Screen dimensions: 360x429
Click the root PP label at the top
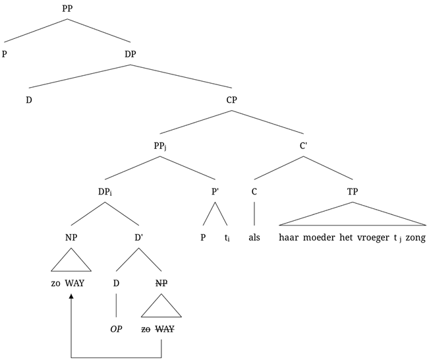67,10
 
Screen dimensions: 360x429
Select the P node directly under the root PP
5,55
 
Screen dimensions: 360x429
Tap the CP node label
231,100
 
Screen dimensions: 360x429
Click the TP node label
351,191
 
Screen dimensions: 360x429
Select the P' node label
214,191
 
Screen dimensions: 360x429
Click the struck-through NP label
161,283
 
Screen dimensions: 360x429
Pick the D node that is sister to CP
28,100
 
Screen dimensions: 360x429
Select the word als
255,237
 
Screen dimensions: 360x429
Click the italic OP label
116,328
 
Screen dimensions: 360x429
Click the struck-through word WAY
165,328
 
